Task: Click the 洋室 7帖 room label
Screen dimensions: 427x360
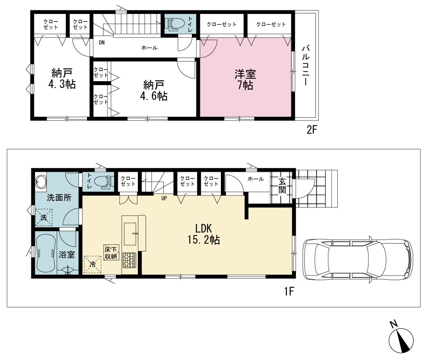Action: (x=245, y=79)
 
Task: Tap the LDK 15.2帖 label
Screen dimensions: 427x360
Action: (x=204, y=234)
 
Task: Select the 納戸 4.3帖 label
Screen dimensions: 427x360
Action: (x=62, y=79)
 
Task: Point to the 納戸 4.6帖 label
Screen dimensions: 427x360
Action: (x=153, y=91)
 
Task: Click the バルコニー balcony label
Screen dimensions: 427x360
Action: (x=305, y=66)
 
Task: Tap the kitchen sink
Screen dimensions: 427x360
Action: (x=130, y=234)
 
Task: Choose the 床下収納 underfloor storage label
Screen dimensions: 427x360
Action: (x=111, y=252)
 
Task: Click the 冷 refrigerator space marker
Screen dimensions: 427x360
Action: (x=92, y=264)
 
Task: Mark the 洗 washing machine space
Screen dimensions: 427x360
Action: (x=44, y=217)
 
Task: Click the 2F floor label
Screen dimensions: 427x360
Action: (x=312, y=130)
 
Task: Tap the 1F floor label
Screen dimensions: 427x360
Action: (x=289, y=291)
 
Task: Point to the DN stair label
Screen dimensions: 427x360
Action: (x=102, y=42)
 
